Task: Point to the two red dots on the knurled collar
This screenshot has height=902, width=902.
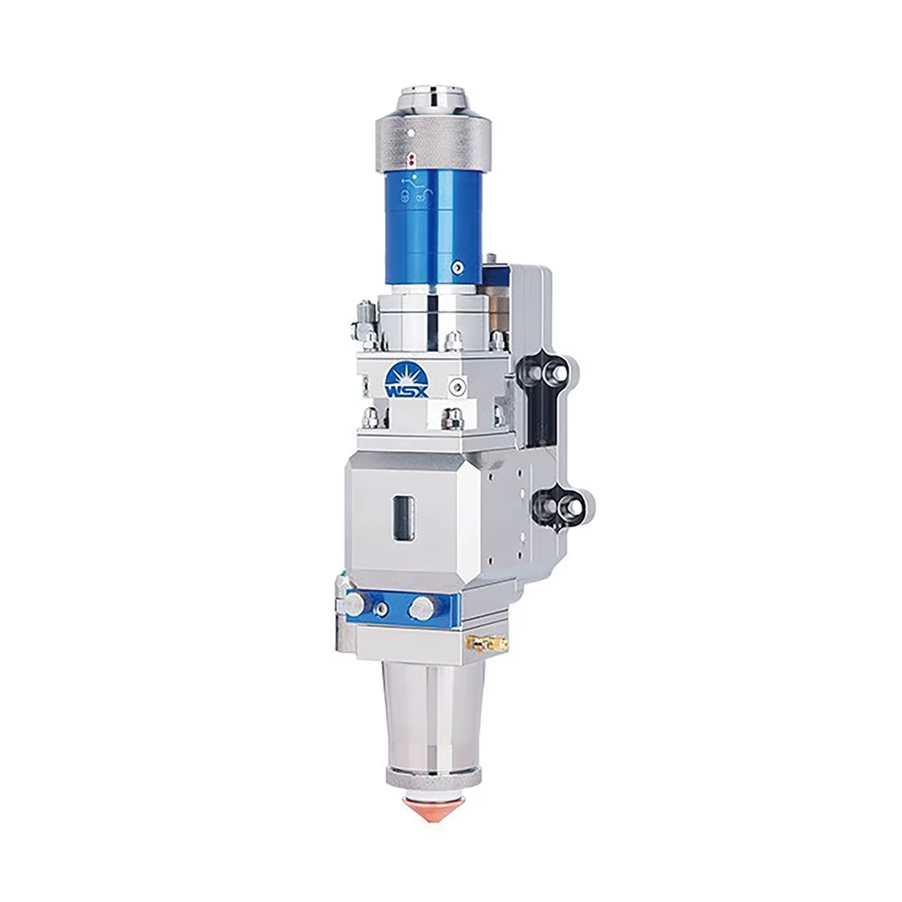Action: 410,159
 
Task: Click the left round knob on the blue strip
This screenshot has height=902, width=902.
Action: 353,604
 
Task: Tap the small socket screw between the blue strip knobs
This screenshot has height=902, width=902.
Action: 382,610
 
